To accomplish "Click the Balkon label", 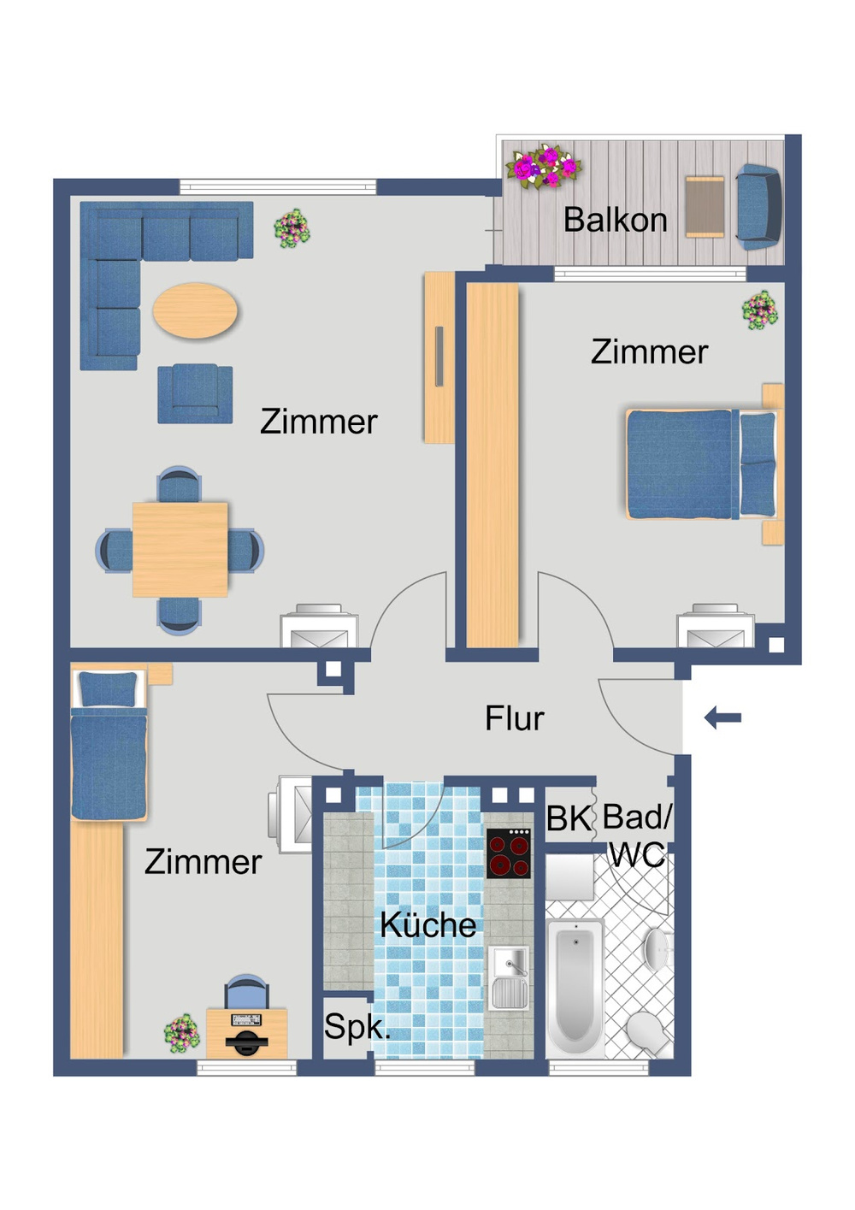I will [615, 221].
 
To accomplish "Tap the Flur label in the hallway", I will [514, 718].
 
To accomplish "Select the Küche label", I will [427, 924].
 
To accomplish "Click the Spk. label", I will [356, 1026].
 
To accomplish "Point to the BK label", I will [568, 818].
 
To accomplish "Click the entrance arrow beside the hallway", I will [722, 717].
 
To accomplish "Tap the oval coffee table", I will [195, 310].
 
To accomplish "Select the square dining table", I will [180, 549].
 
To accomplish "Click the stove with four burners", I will [509, 853].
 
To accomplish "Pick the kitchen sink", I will [510, 978].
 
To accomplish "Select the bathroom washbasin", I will [656, 948].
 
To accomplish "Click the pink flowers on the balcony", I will [544, 167].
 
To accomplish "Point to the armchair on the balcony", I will [758, 207].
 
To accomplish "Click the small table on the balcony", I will [705, 207].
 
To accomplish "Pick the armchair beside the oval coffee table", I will [195, 393].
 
